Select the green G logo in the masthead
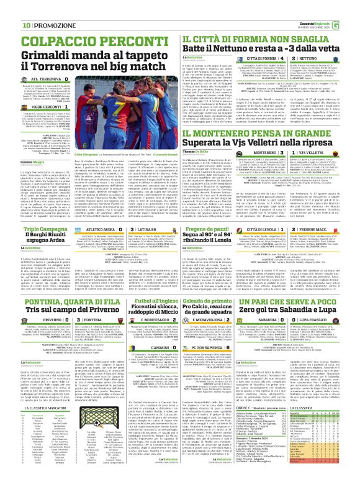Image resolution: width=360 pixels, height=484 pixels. tap(352, 7)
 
